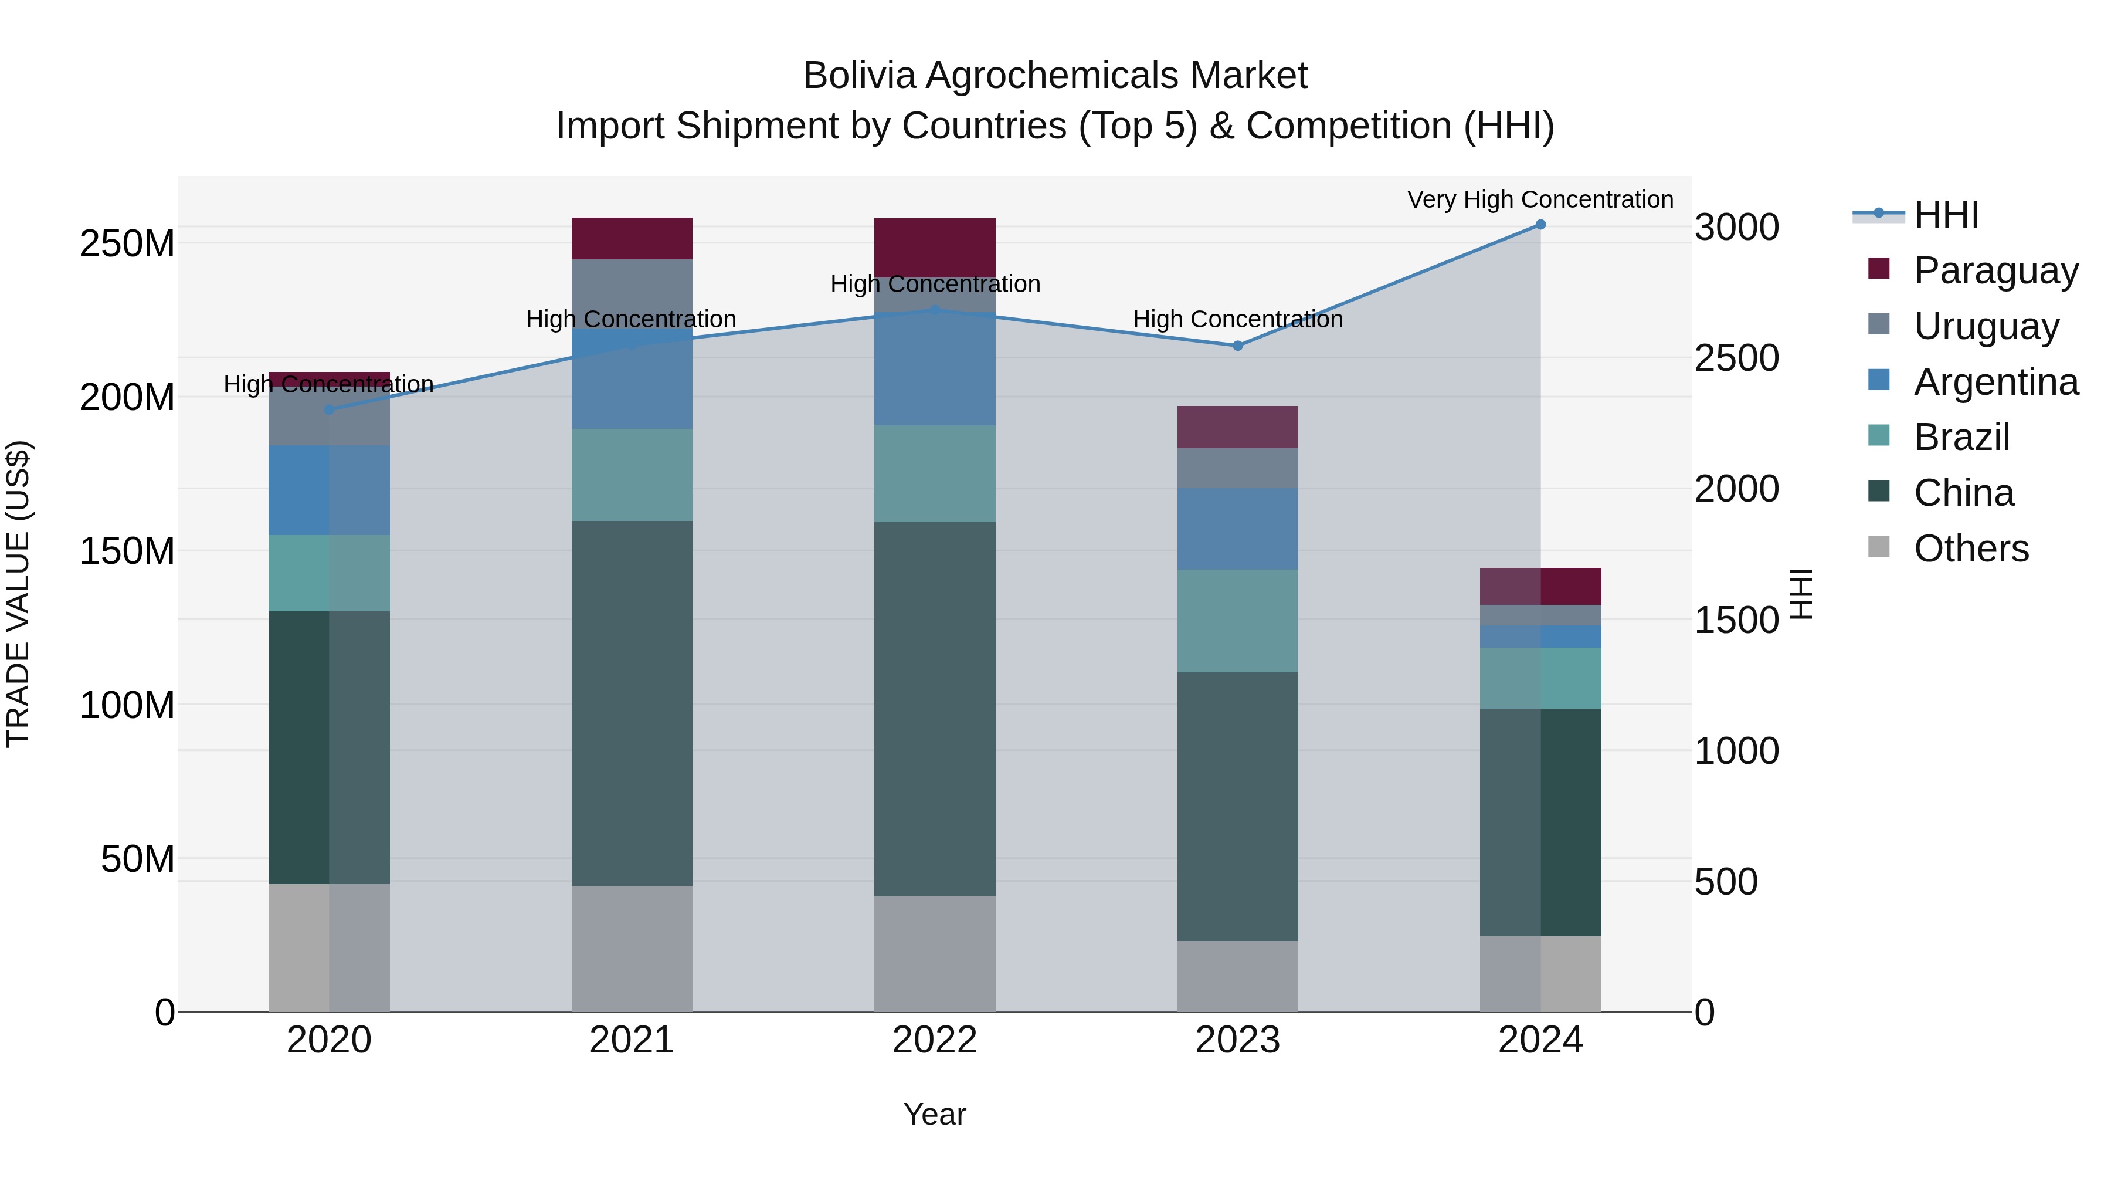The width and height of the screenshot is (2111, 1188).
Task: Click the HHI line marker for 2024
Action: pos(1540,225)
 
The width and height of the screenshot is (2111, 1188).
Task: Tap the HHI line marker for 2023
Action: pos(1237,346)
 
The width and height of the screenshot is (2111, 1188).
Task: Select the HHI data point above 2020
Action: pos(330,410)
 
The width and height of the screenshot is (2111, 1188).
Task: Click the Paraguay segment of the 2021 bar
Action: pos(632,239)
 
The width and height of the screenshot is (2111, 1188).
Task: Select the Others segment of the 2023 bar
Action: pos(1237,976)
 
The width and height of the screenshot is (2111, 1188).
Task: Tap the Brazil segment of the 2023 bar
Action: pos(1237,621)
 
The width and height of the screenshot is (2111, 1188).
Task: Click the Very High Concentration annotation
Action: pos(1540,199)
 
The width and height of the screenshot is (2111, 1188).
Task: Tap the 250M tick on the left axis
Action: pos(127,244)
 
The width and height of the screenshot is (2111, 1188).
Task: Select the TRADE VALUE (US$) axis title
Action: pos(18,594)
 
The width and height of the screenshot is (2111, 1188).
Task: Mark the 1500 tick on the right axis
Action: pos(1736,621)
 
